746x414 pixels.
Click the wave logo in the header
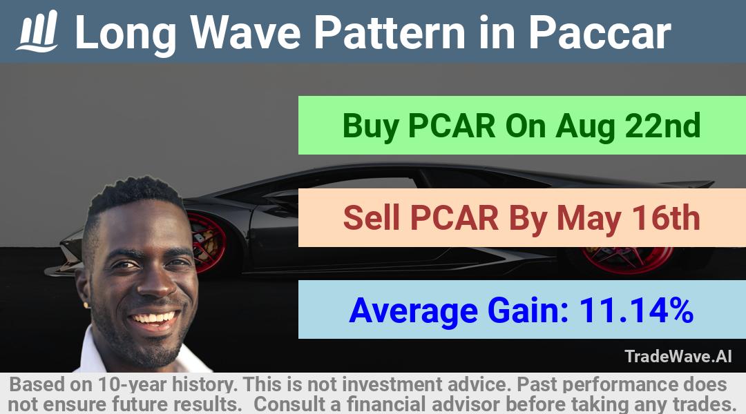coord(37,31)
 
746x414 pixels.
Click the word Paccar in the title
coord(600,32)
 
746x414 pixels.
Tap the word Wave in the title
coord(245,32)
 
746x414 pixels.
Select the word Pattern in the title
coord(390,32)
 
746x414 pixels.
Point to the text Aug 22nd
coord(628,126)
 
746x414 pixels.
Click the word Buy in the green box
coord(371,127)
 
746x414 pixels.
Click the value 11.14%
coord(636,310)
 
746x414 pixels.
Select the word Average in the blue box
coord(413,311)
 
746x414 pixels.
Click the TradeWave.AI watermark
coord(678,356)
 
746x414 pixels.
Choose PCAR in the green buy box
coord(452,126)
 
